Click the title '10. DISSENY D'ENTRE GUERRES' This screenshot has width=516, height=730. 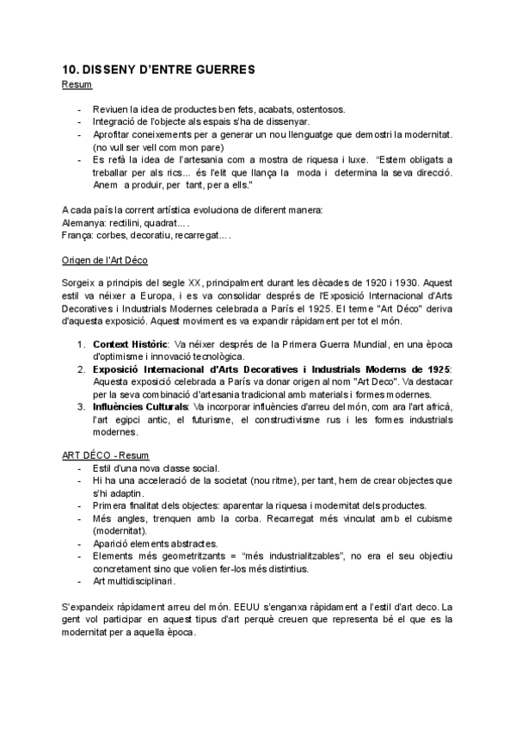click(158, 70)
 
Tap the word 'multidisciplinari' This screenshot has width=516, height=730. click(141, 581)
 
